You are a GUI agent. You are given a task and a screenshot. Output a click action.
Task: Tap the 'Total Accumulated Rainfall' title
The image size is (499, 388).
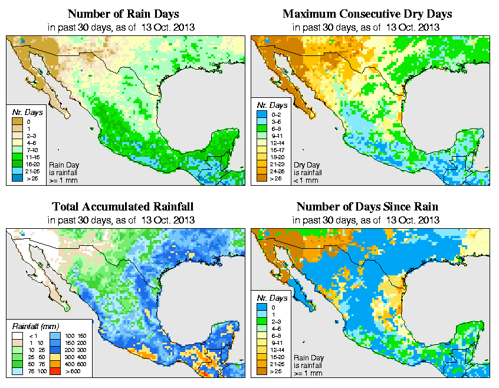click(x=123, y=207)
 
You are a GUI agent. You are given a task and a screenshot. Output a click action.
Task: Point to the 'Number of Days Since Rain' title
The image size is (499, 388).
click(x=367, y=207)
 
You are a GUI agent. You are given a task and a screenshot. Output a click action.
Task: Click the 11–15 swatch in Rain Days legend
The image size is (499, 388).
click(x=18, y=158)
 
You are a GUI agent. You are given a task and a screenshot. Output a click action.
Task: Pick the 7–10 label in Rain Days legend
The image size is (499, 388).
click(x=29, y=150)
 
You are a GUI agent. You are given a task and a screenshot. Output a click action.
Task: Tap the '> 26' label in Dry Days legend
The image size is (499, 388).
click(x=274, y=178)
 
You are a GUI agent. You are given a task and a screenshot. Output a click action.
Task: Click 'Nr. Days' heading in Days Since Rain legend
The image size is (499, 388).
click(x=273, y=298)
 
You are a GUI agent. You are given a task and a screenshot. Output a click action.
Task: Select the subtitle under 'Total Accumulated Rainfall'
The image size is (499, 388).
click(x=123, y=220)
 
